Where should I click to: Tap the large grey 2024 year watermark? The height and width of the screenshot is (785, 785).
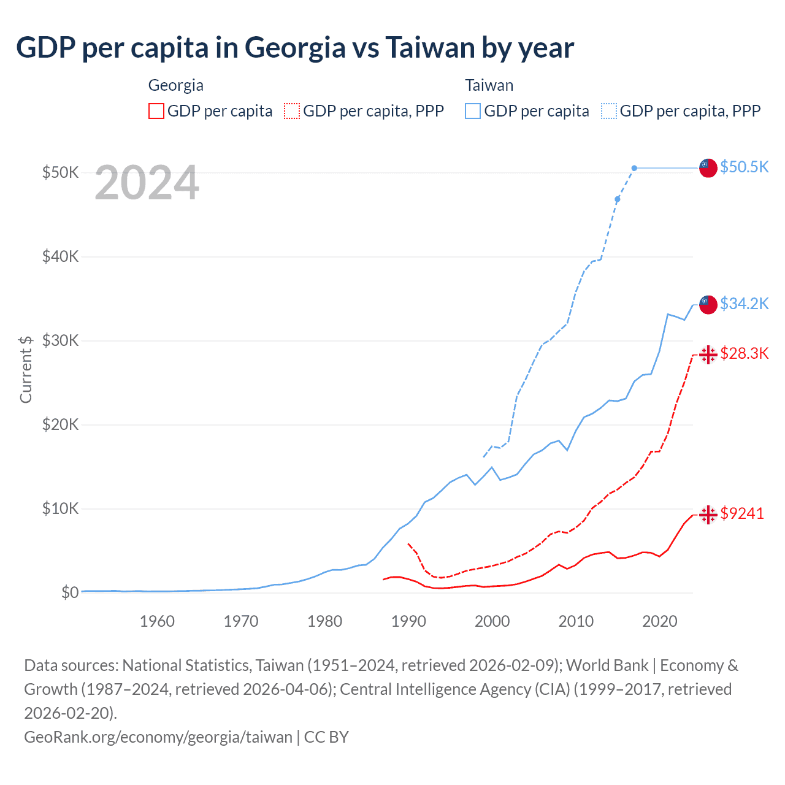pyautogui.click(x=147, y=183)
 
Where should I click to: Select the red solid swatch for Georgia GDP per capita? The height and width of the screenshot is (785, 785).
pyautogui.click(x=156, y=111)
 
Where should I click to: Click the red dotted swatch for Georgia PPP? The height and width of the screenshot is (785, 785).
pyautogui.click(x=292, y=111)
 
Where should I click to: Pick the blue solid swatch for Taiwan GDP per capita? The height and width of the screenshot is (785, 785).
pyautogui.click(x=473, y=111)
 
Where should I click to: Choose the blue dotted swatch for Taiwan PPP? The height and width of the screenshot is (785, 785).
pyautogui.click(x=609, y=111)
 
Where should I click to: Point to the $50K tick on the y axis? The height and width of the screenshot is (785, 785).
pyautogui.click(x=60, y=172)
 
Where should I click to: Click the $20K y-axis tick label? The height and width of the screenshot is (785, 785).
pyautogui.click(x=60, y=424)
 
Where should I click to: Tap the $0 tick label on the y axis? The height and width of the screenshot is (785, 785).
pyautogui.click(x=69, y=592)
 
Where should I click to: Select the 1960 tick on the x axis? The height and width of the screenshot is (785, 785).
pyautogui.click(x=157, y=621)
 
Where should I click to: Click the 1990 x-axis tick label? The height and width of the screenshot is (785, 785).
pyautogui.click(x=408, y=621)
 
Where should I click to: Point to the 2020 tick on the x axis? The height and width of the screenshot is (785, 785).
pyautogui.click(x=659, y=621)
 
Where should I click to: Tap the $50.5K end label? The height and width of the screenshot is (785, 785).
pyautogui.click(x=744, y=167)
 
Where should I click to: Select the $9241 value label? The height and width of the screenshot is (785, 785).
pyautogui.click(x=742, y=513)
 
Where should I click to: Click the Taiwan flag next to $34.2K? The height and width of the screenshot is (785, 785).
pyautogui.click(x=708, y=304)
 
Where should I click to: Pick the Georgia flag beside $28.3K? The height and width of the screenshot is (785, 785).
pyautogui.click(x=708, y=354)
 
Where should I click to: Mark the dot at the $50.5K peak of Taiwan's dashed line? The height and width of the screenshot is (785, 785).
pyautogui.click(x=634, y=168)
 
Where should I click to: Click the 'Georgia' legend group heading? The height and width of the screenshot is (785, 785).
pyautogui.click(x=175, y=85)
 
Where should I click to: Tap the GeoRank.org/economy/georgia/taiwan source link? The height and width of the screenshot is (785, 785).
pyautogui.click(x=158, y=737)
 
